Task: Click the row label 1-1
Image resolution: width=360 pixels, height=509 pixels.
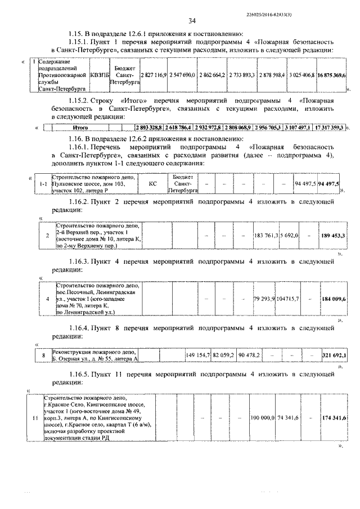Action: [x=43, y=184]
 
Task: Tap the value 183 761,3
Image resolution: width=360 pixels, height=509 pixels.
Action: [x=265, y=235]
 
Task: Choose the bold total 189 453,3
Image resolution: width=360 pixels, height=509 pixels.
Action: [x=333, y=235]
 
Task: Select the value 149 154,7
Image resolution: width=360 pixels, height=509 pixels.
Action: [x=198, y=355]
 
